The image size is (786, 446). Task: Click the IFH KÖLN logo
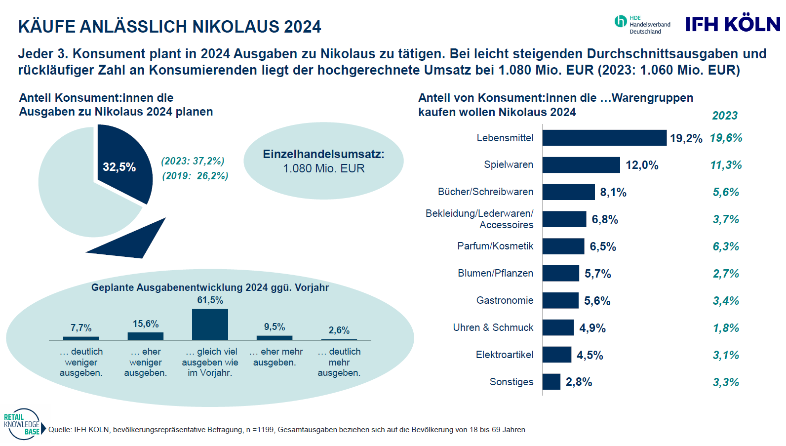[733, 24]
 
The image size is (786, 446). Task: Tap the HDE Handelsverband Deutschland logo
[642, 25]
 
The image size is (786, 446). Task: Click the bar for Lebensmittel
[604, 138]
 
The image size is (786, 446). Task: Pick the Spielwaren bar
[581, 165]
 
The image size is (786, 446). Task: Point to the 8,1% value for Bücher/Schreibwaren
[613, 192]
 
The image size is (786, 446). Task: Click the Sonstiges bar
[551, 382]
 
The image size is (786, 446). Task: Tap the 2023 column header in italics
[724, 116]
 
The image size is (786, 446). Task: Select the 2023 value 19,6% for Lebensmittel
[726, 138]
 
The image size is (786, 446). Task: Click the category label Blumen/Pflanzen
[495, 273]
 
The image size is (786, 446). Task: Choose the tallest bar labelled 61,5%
[210, 324]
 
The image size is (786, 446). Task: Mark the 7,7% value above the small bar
[81, 328]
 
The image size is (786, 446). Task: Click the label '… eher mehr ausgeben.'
[275, 357]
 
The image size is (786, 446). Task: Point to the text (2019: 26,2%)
[195, 176]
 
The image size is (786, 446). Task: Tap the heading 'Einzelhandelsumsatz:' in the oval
[323, 154]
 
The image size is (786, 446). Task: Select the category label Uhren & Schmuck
[493, 327]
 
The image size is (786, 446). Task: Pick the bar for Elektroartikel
[557, 355]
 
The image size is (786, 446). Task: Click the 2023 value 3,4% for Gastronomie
[726, 301]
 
